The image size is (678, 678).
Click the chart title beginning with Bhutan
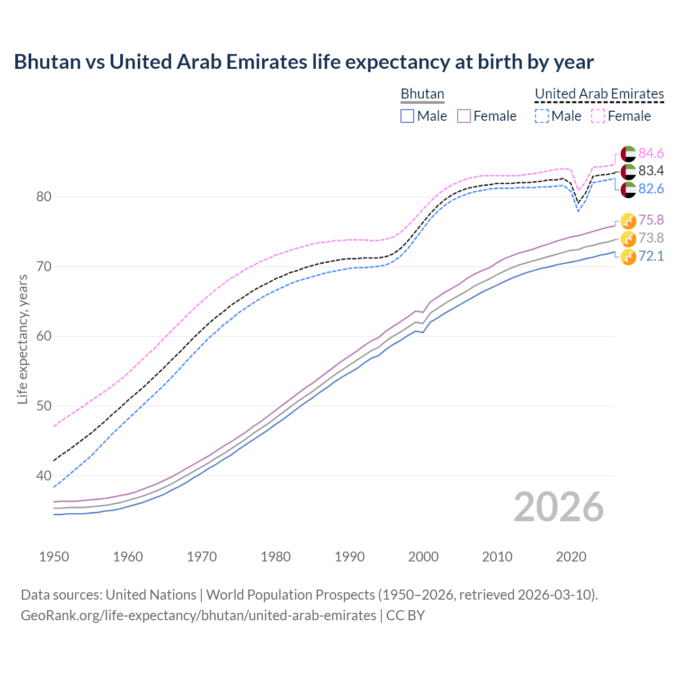(304, 62)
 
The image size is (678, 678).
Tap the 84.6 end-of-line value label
(651, 154)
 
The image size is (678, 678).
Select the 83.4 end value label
(651, 171)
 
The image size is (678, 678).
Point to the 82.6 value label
(651, 189)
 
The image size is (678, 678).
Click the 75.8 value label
(651, 220)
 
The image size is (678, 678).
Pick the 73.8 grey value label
(651, 238)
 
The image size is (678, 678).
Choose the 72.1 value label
(651, 256)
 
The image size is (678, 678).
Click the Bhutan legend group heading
(422, 94)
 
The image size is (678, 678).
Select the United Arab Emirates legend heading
(599, 94)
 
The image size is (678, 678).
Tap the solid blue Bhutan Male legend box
(407, 116)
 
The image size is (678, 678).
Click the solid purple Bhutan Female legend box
(464, 116)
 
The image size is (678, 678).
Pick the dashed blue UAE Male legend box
(541, 116)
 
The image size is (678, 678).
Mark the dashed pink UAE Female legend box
(598, 116)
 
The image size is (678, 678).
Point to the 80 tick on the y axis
(44, 197)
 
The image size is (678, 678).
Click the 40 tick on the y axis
(44, 476)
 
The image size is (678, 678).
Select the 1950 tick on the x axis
(54, 557)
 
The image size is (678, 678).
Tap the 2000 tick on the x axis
(423, 557)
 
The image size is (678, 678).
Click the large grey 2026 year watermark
(559, 507)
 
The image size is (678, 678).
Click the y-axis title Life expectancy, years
(23, 339)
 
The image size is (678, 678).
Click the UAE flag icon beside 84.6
(628, 154)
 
